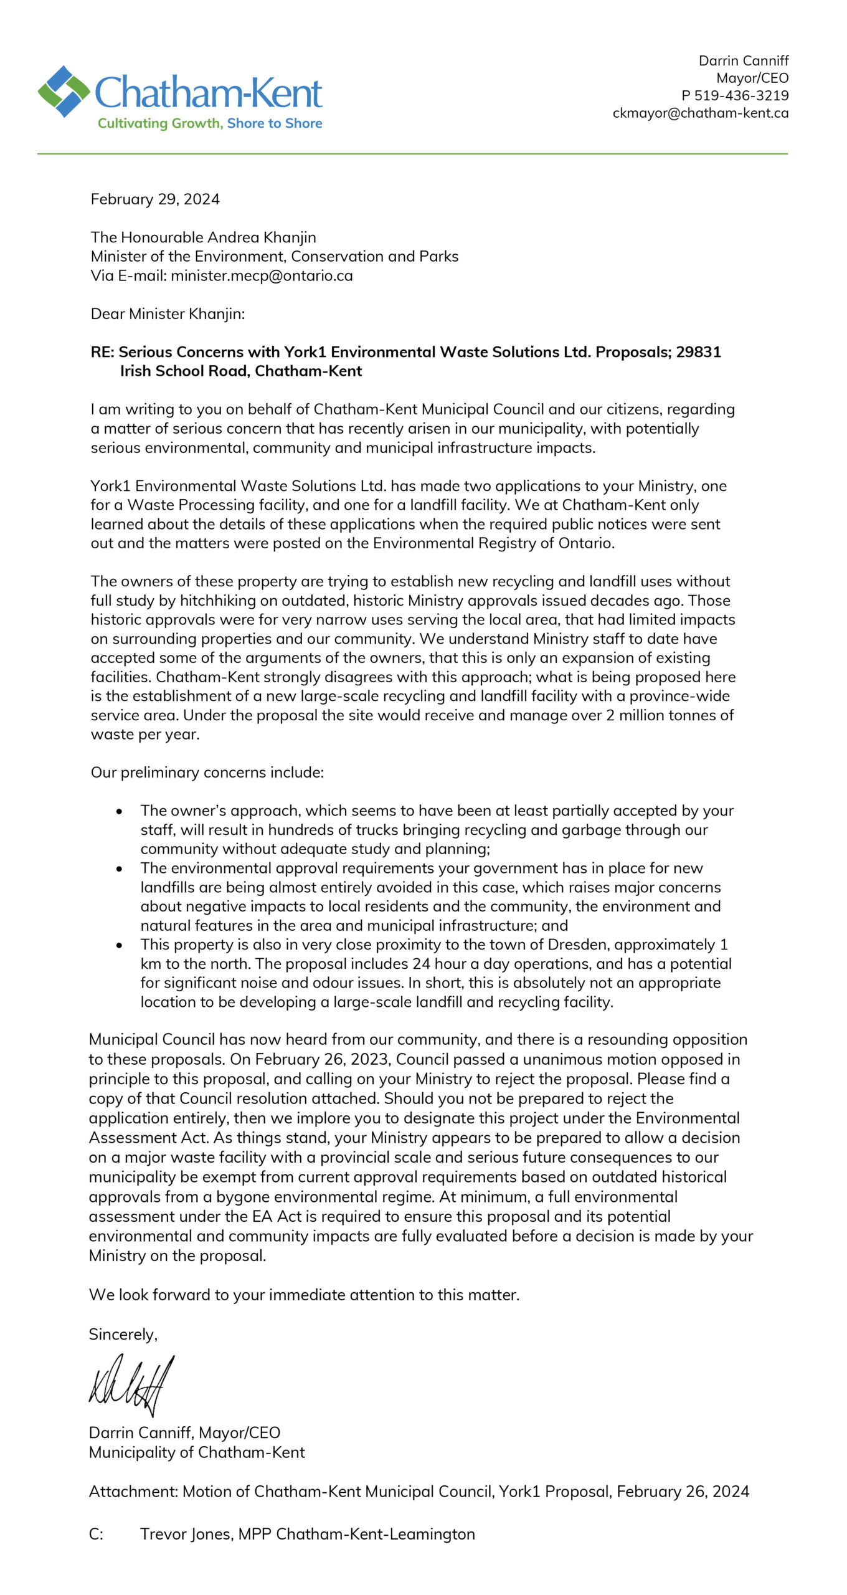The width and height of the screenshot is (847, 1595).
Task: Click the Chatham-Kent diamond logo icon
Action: [64, 91]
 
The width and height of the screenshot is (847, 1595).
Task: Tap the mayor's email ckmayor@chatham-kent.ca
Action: [700, 113]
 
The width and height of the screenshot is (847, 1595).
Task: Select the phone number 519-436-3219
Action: [741, 96]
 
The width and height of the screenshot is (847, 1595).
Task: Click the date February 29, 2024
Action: [155, 199]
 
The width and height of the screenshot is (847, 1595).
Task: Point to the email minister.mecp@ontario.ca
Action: [262, 276]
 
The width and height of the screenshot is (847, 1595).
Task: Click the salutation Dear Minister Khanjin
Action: [168, 314]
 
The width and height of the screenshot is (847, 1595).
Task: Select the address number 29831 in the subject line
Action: [698, 352]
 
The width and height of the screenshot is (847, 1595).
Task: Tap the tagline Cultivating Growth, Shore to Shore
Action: [210, 123]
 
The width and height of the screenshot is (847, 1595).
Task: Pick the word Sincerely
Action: [123, 1334]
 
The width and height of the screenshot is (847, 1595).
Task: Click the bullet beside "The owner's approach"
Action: [119, 811]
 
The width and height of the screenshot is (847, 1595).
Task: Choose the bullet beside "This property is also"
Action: [119, 946]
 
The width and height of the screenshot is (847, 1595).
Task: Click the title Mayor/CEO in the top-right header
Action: [752, 79]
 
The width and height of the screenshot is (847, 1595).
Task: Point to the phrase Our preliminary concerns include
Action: [207, 773]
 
